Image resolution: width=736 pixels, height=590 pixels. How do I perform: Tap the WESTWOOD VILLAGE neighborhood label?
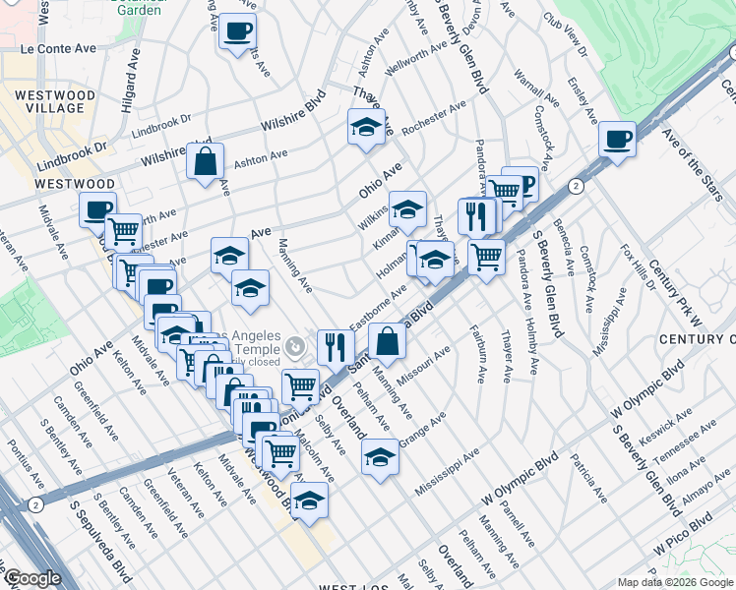point(55,103)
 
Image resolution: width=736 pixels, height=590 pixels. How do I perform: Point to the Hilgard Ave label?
point(129,88)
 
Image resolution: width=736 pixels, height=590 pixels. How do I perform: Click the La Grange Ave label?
point(419,426)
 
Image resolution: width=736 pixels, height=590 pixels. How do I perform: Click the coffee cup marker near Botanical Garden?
point(236,31)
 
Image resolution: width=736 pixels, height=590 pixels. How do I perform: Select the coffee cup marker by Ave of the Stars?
point(618,139)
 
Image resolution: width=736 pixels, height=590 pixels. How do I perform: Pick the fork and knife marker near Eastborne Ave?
point(336,346)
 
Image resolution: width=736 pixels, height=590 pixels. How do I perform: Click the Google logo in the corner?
point(31,579)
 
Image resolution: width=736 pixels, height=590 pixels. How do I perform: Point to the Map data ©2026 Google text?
point(674,582)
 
